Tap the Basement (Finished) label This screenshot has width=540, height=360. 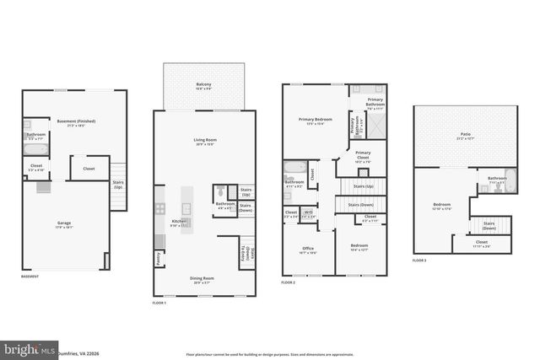(x=76, y=121)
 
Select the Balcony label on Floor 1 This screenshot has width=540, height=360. (x=203, y=85)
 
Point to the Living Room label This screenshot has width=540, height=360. (x=205, y=140)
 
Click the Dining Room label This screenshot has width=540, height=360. (x=202, y=278)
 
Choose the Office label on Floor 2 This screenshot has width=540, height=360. (x=307, y=248)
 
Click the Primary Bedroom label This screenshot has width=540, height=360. (x=316, y=120)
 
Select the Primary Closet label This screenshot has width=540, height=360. (x=363, y=156)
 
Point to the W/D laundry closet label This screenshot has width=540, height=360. (x=309, y=212)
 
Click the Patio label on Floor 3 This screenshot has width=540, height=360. (x=465, y=134)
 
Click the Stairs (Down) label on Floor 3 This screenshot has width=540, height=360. (x=489, y=225)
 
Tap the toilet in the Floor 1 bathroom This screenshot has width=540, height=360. (x=221, y=191)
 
